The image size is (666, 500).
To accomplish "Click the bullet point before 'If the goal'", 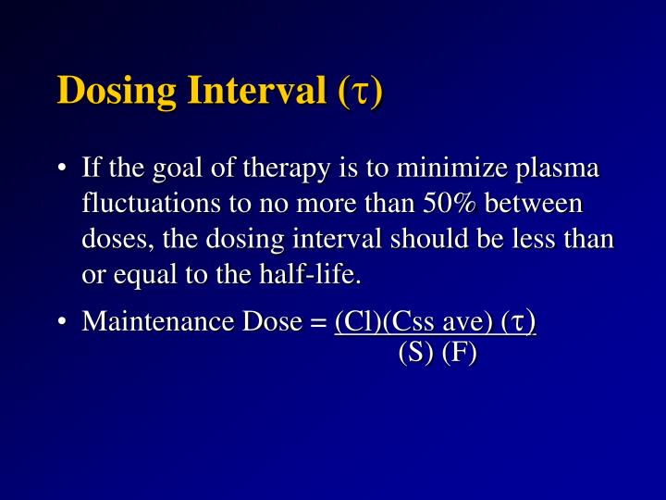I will [x=60, y=170].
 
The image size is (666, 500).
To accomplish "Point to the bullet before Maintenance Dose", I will [x=60, y=322].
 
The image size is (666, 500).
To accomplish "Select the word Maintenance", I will [x=140, y=321].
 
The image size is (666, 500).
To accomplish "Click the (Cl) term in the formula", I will [x=353, y=322].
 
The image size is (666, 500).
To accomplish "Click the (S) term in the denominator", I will [x=413, y=353].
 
